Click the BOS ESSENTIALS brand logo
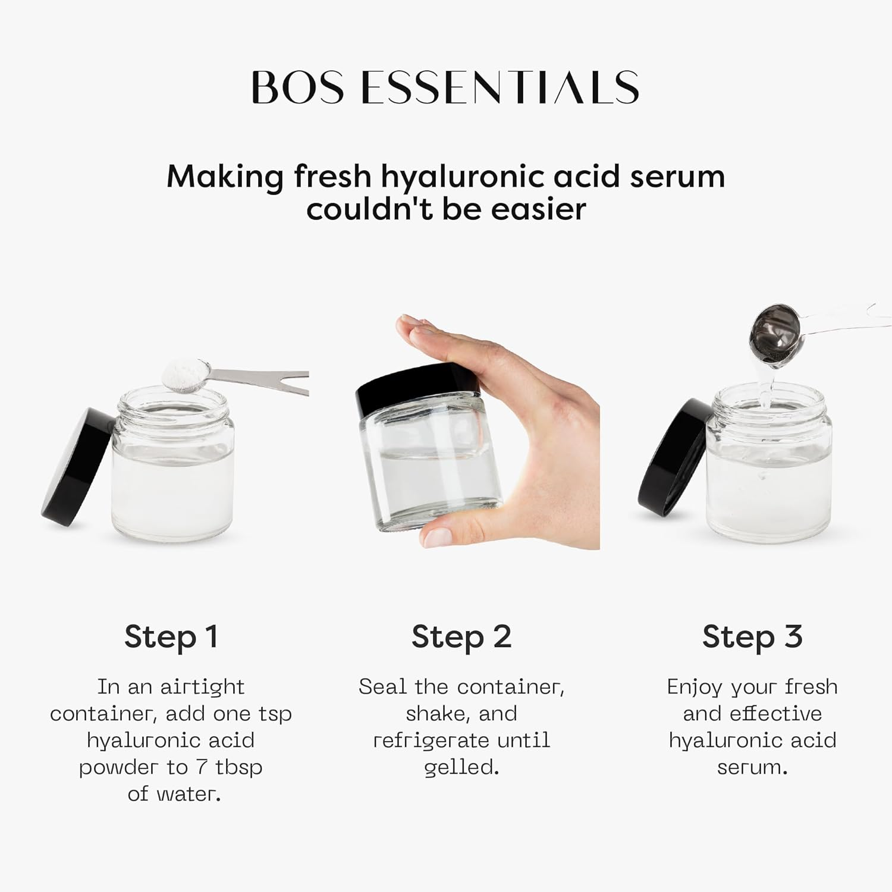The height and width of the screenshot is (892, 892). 445,87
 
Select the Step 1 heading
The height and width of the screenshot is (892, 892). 171,637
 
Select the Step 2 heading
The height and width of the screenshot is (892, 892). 461,637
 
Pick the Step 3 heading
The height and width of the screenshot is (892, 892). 752,637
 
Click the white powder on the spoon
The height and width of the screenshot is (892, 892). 182,373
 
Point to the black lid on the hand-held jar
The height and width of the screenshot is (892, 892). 417,395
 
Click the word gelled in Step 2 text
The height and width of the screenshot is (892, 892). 461,768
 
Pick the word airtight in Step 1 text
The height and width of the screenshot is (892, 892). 202,687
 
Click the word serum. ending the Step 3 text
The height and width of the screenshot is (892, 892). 752,768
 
